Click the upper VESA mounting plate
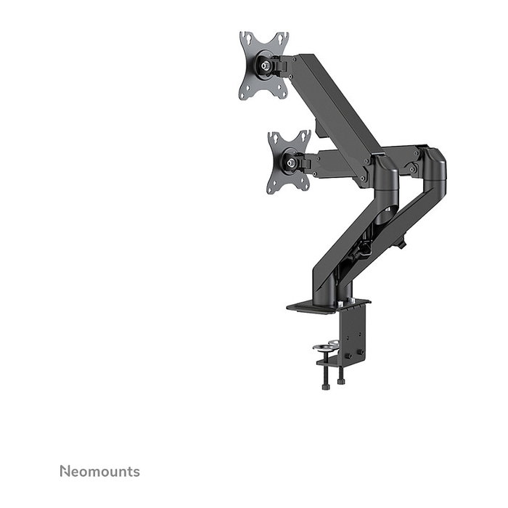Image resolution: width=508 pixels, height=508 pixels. [x=255, y=66]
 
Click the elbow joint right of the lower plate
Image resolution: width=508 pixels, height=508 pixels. [x=383, y=171]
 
